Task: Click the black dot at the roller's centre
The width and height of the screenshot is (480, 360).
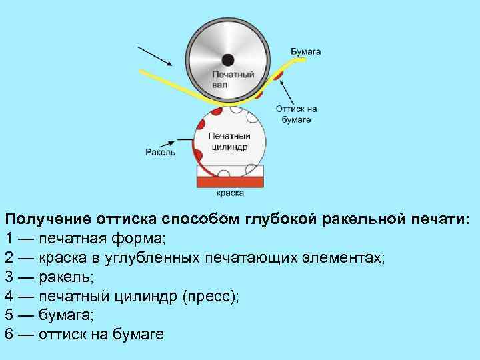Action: coord(228,58)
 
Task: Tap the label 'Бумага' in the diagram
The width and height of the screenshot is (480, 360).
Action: coord(306,51)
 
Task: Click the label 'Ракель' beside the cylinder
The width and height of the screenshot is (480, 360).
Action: coord(160,151)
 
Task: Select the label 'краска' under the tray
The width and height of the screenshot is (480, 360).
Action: coord(231,193)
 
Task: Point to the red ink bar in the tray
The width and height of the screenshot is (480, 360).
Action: coord(231,180)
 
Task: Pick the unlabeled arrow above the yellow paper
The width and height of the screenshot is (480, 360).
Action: coord(155,56)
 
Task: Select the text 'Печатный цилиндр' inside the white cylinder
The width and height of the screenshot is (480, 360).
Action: coord(228,141)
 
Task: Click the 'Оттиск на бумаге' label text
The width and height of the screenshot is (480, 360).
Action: coord(296,115)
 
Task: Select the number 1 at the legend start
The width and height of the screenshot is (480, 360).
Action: coord(9,238)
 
